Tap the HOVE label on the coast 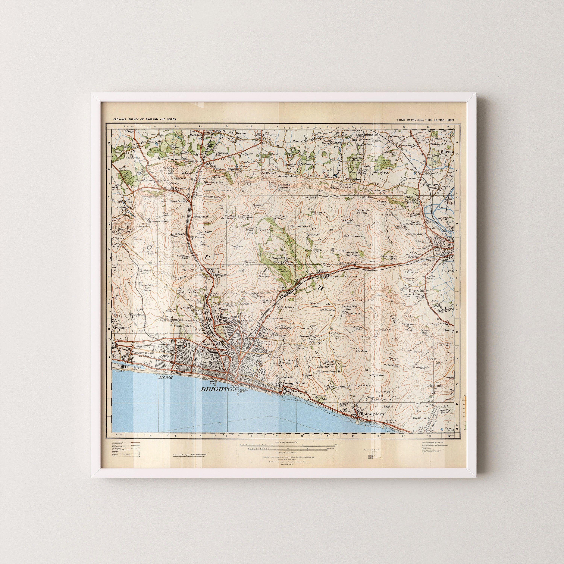tap(165, 377)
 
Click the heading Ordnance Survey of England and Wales tap(145, 120)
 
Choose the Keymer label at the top tap(241, 133)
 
